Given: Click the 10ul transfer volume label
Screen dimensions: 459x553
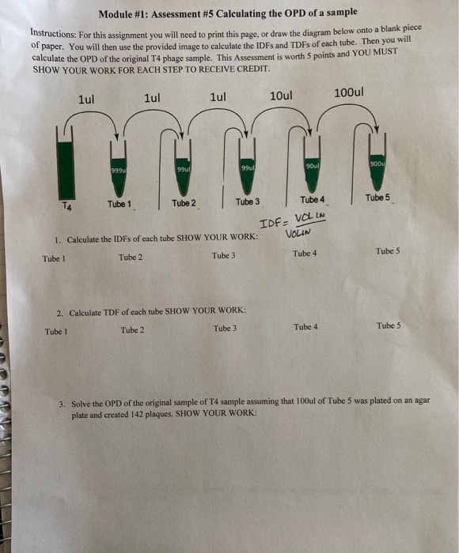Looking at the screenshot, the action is pyautogui.click(x=281, y=96).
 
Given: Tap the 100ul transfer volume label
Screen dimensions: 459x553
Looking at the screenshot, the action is pyautogui.click(x=349, y=92).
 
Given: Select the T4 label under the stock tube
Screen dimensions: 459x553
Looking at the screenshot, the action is pyautogui.click(x=66, y=206).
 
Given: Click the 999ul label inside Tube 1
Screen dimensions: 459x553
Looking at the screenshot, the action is pyautogui.click(x=119, y=171).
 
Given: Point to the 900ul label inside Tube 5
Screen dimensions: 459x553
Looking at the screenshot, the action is pyautogui.click(x=377, y=164).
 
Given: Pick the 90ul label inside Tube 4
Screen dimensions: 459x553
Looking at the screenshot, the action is pyautogui.click(x=313, y=166).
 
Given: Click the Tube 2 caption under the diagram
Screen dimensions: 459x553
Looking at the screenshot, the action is pyautogui.click(x=184, y=203).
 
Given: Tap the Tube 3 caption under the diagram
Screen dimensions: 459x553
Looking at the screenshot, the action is pyautogui.click(x=248, y=201).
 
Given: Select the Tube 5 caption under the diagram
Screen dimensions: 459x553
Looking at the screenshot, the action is pyautogui.click(x=377, y=197).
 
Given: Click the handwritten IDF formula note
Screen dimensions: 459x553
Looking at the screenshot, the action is pyautogui.click(x=292, y=225).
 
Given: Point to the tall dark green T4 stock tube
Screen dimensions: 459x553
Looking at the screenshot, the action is pyautogui.click(x=66, y=170).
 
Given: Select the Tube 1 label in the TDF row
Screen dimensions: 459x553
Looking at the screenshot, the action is pyautogui.click(x=56, y=332).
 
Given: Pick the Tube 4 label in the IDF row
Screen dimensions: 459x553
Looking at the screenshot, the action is pyautogui.click(x=305, y=254).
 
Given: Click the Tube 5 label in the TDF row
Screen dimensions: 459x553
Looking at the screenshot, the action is pyautogui.click(x=389, y=325).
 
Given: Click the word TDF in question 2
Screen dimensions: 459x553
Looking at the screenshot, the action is pyautogui.click(x=112, y=313).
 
